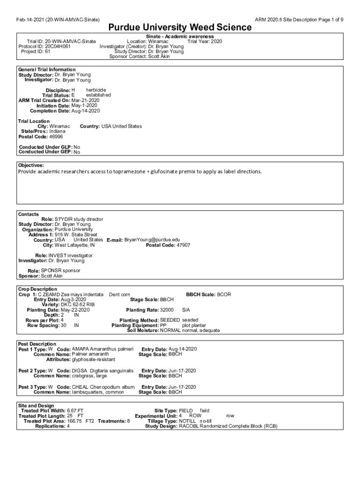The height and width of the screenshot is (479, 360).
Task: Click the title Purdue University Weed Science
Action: pyautogui.click(x=180, y=28)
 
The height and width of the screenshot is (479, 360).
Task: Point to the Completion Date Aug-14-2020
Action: pyautogui.click(x=86, y=111)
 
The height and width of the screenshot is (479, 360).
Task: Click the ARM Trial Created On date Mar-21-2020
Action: pyautogui.click(x=85, y=100)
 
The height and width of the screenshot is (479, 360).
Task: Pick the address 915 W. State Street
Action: pyautogui.click(x=76, y=235)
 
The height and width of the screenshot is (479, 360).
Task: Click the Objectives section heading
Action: pyautogui.click(x=31, y=165)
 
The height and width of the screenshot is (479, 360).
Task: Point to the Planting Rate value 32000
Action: pyautogui.click(x=167, y=310)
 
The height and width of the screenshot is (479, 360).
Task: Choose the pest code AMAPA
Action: pyautogui.click(x=79, y=349)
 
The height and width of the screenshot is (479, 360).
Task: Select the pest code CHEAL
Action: pyautogui.click(x=79, y=387)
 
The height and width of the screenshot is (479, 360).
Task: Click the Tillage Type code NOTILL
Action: pyautogui.click(x=188, y=421)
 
